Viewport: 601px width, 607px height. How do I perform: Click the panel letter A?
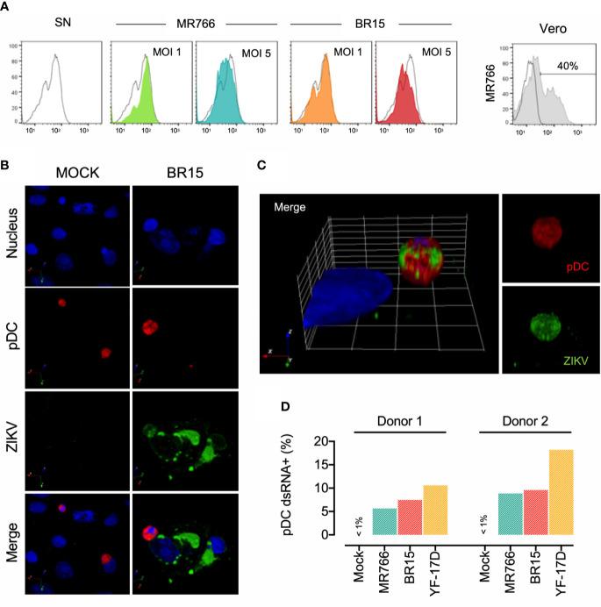7,6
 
